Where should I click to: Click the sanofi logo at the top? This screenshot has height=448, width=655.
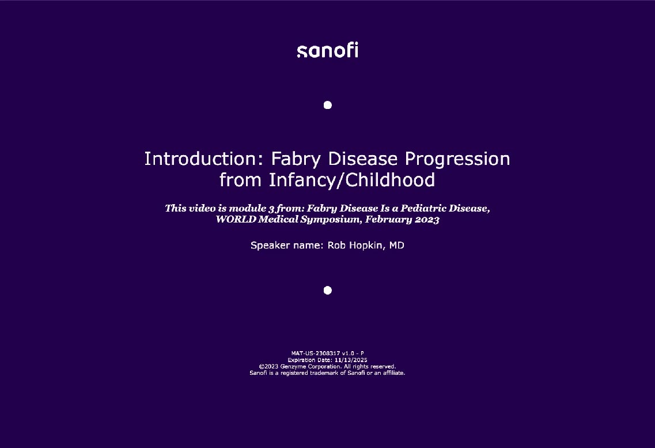[327, 51]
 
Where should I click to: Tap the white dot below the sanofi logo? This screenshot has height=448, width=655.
[327, 105]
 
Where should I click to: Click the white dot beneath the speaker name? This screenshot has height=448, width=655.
[327, 290]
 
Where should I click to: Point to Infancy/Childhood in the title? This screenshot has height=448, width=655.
[352, 180]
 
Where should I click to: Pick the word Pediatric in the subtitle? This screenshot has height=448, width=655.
[423, 208]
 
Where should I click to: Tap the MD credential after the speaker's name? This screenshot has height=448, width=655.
[397, 246]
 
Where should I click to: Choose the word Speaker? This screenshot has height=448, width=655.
[270, 246]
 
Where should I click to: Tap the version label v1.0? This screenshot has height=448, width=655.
[348, 353]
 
